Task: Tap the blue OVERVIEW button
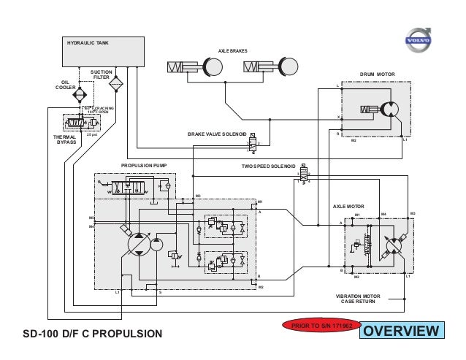(402, 332)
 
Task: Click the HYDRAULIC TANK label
(88, 43)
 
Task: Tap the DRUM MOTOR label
(376, 74)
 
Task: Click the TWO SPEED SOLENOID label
(268, 166)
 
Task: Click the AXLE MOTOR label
(348, 207)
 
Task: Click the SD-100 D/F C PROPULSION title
(91, 335)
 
